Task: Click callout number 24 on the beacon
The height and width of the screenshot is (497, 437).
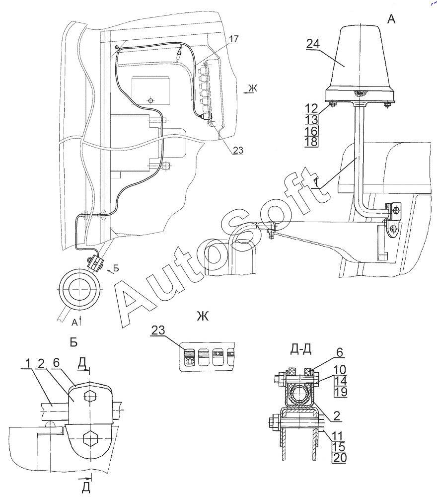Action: point(312,44)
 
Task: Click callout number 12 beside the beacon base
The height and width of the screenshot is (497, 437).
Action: point(310,108)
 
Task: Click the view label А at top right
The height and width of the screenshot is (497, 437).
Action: point(391,19)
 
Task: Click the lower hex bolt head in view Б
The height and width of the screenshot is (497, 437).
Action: point(90,439)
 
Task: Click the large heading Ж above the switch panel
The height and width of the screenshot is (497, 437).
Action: point(202,317)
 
